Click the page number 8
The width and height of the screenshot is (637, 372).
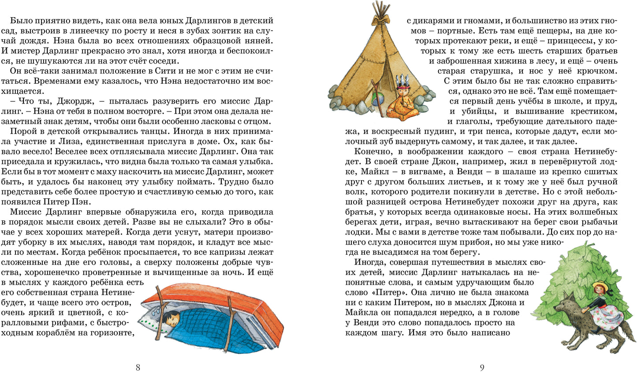click(138, 367)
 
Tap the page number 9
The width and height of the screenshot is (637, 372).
click(482, 367)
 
